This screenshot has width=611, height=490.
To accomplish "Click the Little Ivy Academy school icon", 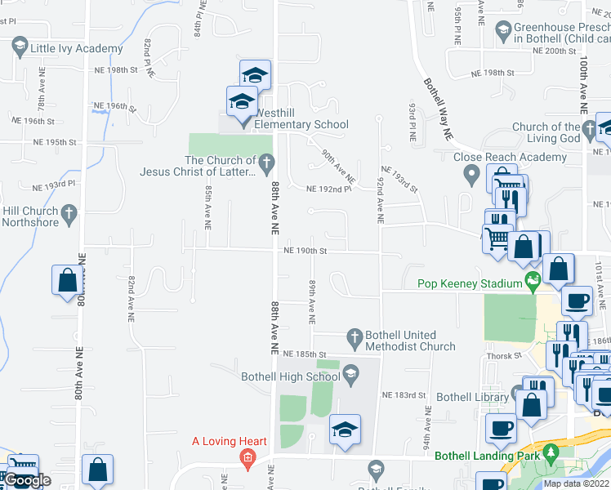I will tap(20, 48).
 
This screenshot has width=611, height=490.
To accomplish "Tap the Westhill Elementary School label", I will tap(301, 124).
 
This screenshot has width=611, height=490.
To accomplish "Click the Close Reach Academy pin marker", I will tap(471, 173).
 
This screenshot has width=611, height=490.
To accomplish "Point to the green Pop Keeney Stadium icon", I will tap(533, 283).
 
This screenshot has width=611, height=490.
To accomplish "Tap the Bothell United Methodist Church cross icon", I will tap(354, 336).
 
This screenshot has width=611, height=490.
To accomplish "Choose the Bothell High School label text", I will tap(290, 376).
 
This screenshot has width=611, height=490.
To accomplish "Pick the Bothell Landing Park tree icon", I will tap(551, 452).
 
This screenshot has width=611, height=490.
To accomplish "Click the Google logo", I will tap(27, 480).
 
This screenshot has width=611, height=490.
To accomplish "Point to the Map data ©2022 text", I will tap(576, 483).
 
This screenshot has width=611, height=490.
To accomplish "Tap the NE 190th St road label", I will tap(305, 252).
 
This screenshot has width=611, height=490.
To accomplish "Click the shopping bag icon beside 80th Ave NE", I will tap(67, 280).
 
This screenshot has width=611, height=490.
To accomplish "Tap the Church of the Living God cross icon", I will tap(590, 128).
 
